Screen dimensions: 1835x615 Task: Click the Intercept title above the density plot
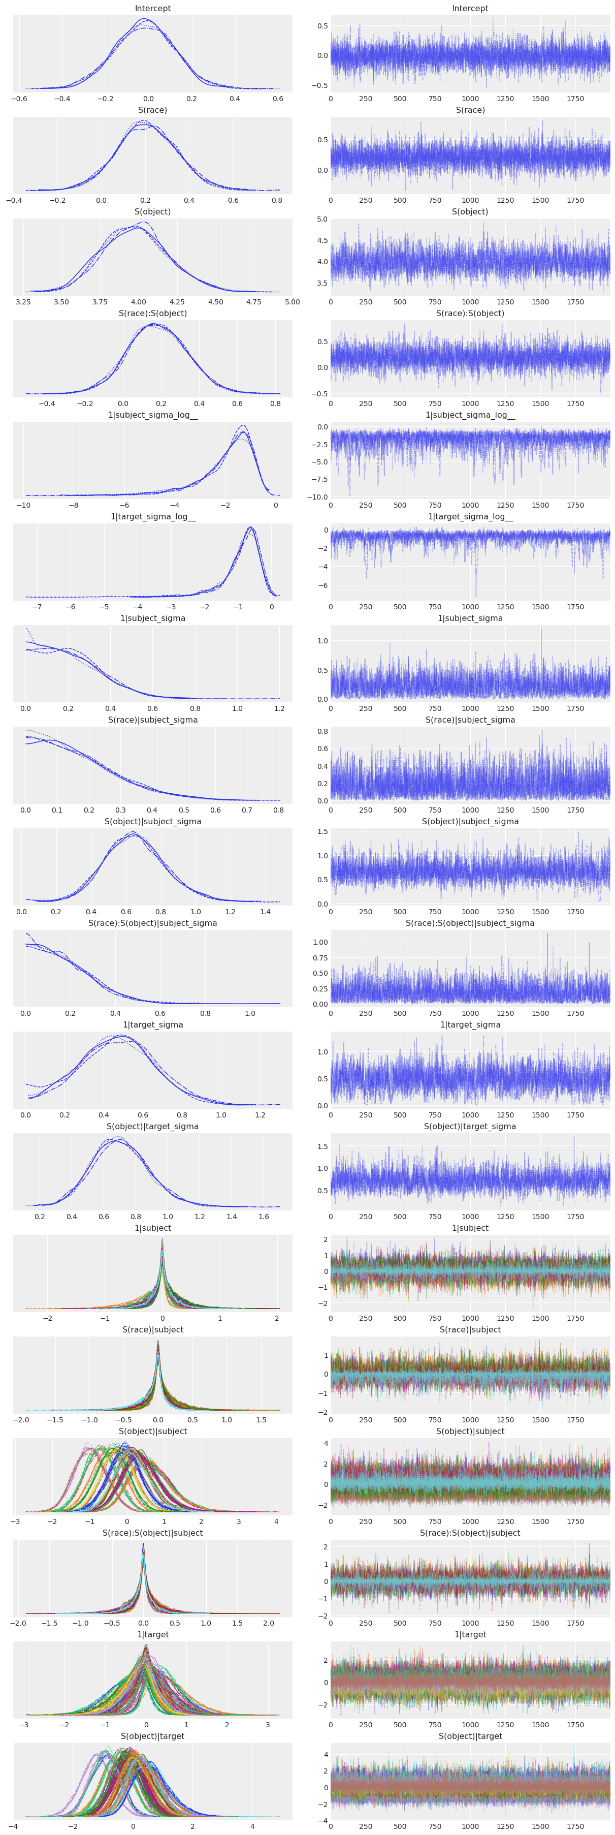(152, 9)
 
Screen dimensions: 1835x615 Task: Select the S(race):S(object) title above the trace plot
(470, 314)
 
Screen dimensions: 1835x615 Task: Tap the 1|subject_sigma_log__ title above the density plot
(152, 415)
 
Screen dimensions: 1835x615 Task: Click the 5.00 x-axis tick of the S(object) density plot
(292, 302)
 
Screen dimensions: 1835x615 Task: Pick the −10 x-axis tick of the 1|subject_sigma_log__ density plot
(23, 505)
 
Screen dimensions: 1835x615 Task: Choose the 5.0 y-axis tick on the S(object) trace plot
(322, 220)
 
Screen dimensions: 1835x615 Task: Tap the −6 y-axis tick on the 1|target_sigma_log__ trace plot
(323, 585)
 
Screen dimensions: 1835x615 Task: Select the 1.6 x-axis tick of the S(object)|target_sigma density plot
(264, 1217)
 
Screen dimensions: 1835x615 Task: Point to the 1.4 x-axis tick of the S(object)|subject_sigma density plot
(265, 912)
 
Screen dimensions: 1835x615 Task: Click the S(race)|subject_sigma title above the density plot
(152, 720)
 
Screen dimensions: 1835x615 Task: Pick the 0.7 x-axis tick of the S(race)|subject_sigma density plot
(246, 810)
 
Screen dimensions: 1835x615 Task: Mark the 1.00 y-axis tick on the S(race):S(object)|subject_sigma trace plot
(319, 943)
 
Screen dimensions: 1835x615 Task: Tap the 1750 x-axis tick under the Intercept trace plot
(575, 99)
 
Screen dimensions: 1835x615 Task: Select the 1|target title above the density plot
(152, 1634)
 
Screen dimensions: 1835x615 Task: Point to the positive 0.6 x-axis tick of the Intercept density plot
(278, 99)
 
